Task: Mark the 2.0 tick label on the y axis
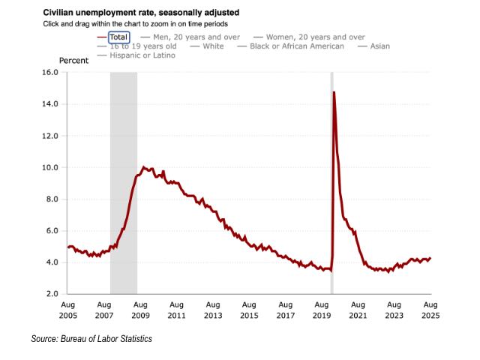(50, 294)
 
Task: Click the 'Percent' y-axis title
(74, 59)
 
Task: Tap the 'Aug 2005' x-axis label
(67, 310)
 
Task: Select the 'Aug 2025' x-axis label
(430, 310)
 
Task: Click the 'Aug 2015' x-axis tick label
(249, 310)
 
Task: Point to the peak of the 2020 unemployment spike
(334, 92)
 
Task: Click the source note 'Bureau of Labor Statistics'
(91, 340)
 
